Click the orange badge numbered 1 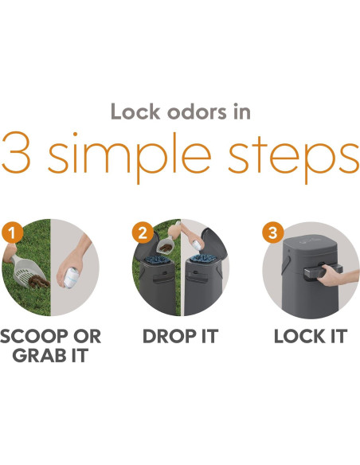(12, 232)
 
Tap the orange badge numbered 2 (143, 232)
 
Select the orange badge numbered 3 (273, 232)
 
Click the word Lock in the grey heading (135, 111)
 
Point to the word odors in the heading (197, 111)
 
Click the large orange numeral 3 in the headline (16, 152)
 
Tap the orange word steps (293, 158)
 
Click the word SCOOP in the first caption (34, 336)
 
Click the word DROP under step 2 (170, 336)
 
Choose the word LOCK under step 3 (299, 336)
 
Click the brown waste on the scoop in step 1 (38, 281)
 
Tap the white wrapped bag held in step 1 (71, 277)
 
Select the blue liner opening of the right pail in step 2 (203, 258)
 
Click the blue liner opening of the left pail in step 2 (157, 260)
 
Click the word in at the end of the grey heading (242, 111)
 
